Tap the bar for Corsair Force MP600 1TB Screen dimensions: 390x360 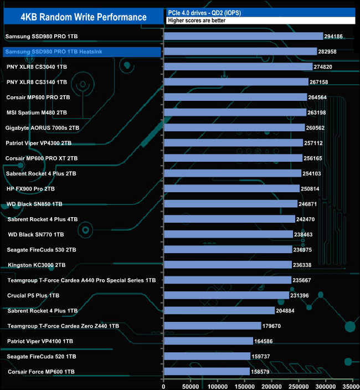click(x=207, y=371)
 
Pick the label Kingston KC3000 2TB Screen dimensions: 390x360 click(x=37, y=265)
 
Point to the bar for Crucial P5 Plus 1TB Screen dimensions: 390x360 click(x=227, y=295)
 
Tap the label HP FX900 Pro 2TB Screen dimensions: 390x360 click(x=31, y=189)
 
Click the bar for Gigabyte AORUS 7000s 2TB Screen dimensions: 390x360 click(x=234, y=127)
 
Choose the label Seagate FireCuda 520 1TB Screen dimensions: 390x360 click(x=40, y=356)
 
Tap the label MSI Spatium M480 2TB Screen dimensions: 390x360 click(x=37, y=112)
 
